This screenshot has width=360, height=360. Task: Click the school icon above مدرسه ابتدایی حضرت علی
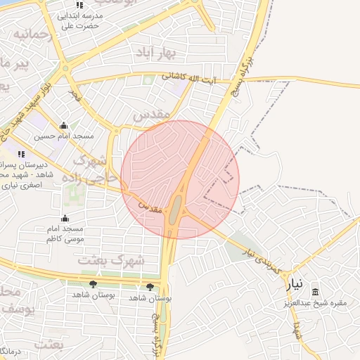(79, 5)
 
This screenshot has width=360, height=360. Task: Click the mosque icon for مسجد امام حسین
(64, 126)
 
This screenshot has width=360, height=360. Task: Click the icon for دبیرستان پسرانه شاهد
(21, 154)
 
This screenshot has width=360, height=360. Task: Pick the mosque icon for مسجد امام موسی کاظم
(65, 219)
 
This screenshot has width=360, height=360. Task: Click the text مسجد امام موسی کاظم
(65, 234)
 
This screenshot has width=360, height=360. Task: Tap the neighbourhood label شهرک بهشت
(112, 260)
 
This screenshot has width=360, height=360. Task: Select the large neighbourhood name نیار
(294, 285)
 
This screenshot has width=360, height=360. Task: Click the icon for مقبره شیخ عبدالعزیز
(314, 292)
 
